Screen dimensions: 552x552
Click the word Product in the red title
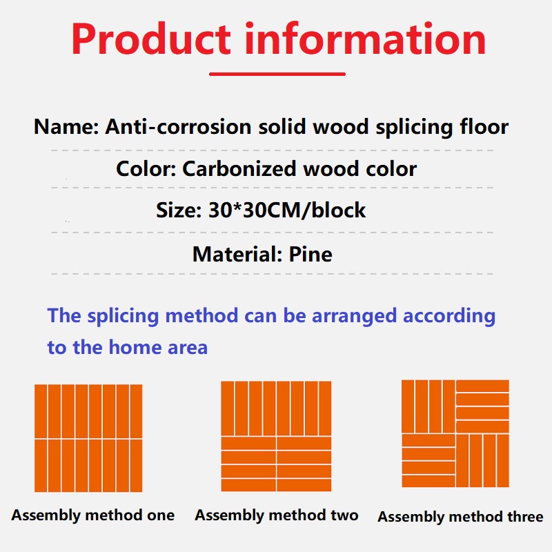click(x=151, y=39)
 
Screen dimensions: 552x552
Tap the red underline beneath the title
click(x=277, y=74)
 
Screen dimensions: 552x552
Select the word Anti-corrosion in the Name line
click(x=178, y=126)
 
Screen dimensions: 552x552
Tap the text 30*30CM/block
click(x=287, y=210)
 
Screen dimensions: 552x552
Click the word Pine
click(x=310, y=254)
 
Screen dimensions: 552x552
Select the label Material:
click(x=237, y=254)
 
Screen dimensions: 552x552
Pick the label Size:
click(x=179, y=210)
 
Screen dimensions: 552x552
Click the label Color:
click(x=146, y=168)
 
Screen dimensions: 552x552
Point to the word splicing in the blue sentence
click(x=123, y=315)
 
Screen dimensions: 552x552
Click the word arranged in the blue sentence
click(x=354, y=316)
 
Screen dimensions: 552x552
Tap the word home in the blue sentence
click(x=135, y=347)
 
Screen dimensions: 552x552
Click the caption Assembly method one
click(x=93, y=515)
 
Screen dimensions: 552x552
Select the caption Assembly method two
click(x=277, y=515)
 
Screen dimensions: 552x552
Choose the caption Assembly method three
click(x=460, y=516)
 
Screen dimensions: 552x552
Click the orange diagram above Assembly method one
click(x=88, y=438)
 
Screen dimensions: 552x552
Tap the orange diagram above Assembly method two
click(x=277, y=436)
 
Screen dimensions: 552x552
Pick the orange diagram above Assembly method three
click(x=455, y=433)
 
